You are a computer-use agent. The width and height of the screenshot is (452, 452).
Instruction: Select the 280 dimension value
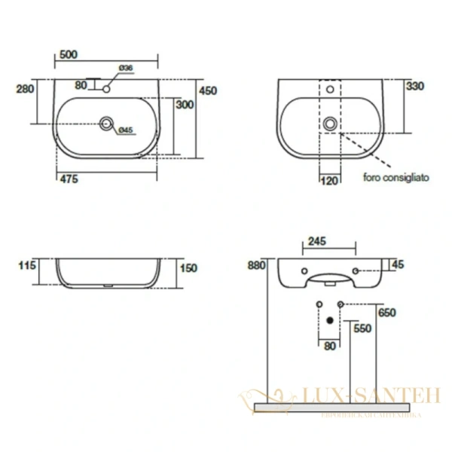(26, 89)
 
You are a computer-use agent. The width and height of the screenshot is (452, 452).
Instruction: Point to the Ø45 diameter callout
(126, 130)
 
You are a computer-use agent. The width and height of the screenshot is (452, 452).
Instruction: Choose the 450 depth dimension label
(207, 90)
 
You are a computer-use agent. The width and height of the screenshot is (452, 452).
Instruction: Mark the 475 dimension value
(69, 179)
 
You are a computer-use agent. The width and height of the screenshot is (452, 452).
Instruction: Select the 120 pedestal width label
(329, 180)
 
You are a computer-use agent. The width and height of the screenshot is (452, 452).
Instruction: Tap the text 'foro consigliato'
(396, 179)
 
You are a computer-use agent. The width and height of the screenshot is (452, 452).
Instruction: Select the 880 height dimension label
(258, 265)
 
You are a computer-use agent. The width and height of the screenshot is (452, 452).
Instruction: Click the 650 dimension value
(388, 312)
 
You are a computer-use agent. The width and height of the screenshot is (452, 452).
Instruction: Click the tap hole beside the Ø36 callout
(106, 89)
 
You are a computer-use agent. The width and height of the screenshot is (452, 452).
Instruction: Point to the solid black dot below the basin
(329, 319)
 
